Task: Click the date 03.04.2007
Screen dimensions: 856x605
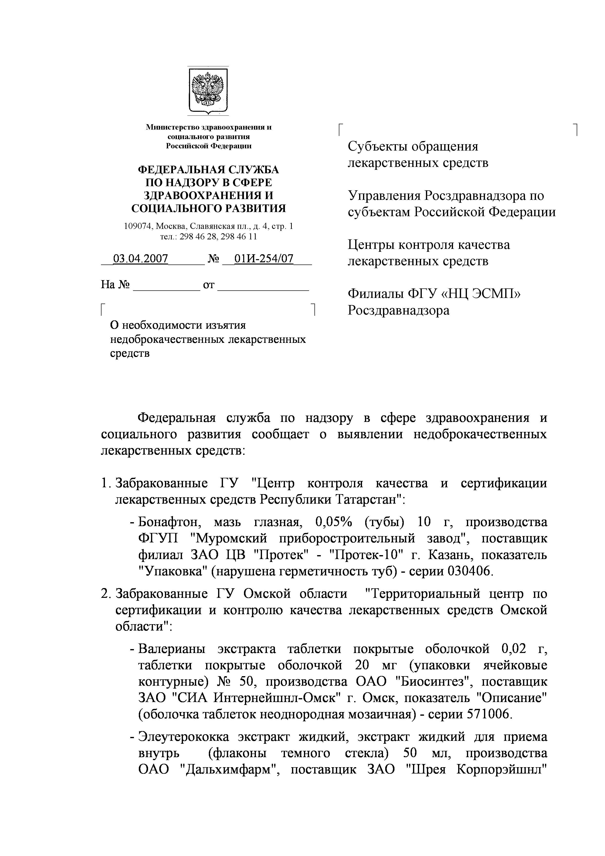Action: (x=140, y=259)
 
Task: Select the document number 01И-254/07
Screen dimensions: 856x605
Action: (x=263, y=259)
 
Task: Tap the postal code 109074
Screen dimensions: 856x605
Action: (x=138, y=226)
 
